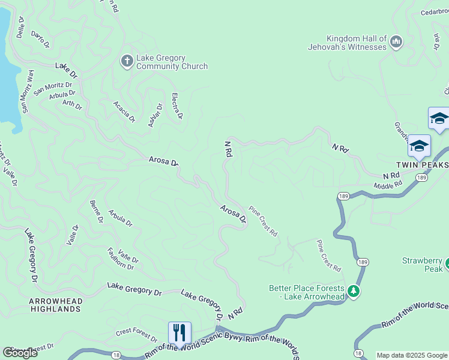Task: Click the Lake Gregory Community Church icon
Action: point(127,61)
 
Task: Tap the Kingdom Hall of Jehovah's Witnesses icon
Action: point(396,41)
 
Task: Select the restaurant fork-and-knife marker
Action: point(179,332)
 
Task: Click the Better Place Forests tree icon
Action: point(354,292)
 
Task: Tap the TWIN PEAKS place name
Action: point(422,164)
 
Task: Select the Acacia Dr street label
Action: point(124,112)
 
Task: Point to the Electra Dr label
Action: point(177,106)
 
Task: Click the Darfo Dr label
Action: point(40,40)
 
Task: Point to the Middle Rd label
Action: point(387,185)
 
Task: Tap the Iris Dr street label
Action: point(436,42)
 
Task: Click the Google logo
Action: point(19,353)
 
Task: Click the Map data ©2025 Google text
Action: point(412,355)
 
